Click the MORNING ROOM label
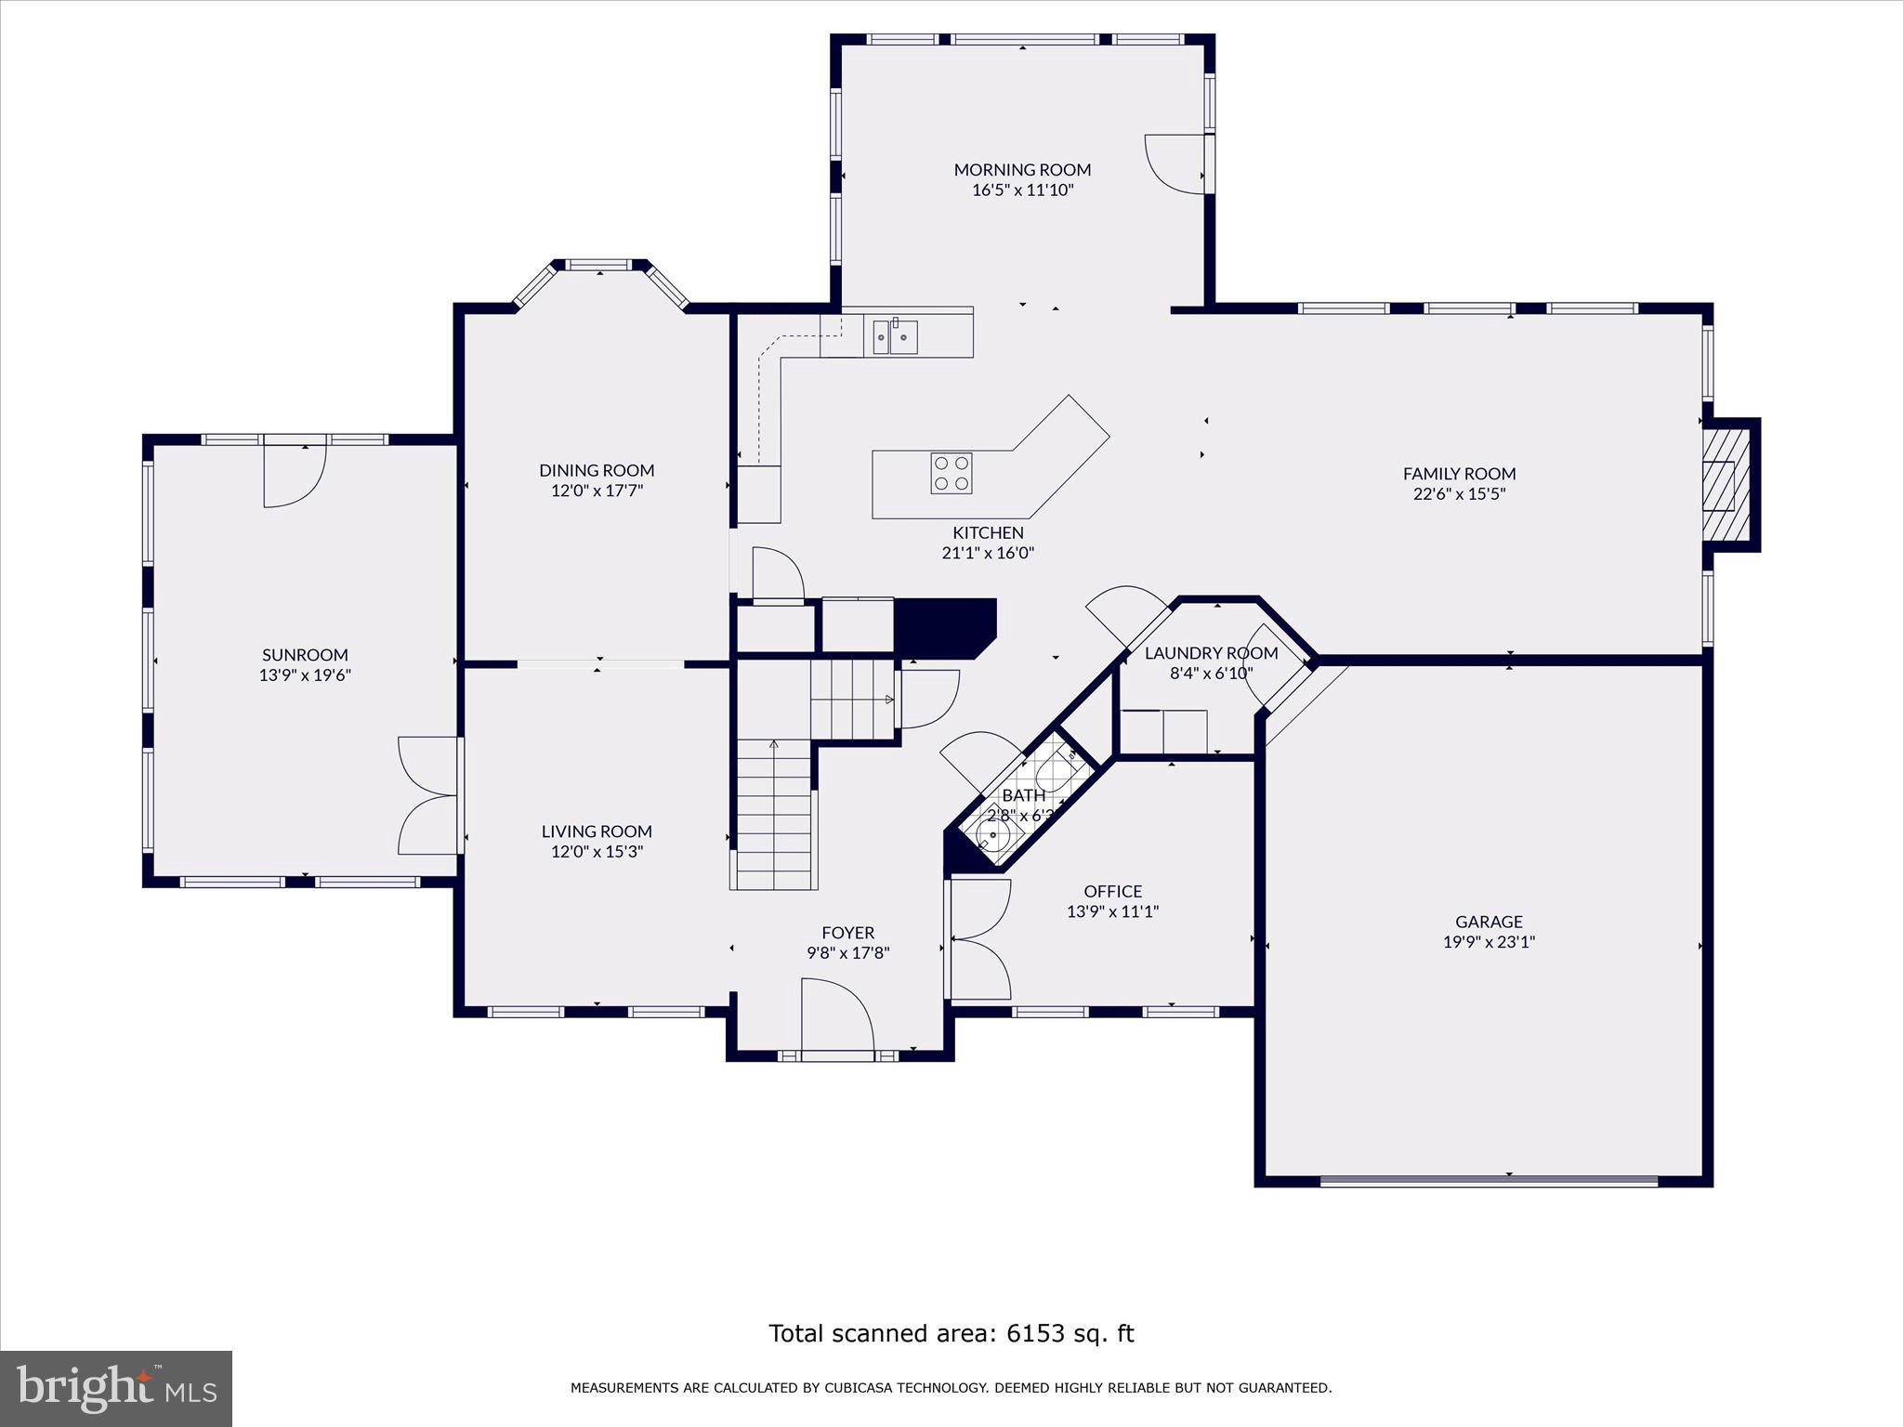[x=1022, y=169]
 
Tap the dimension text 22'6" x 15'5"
[x=1459, y=494]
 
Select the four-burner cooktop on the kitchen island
[x=951, y=473]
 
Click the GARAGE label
[x=1489, y=922]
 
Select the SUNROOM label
[x=305, y=655]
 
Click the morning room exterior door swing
[x=1175, y=164]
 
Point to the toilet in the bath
[x=1055, y=773]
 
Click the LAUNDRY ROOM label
[x=1211, y=653]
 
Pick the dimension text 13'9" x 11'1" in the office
[x=1112, y=912]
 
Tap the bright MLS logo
[x=116, y=1389]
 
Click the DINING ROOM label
[x=597, y=470]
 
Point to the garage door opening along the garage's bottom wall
[x=1489, y=1182]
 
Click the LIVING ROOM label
[x=597, y=831]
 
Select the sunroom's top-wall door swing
[x=294, y=476]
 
